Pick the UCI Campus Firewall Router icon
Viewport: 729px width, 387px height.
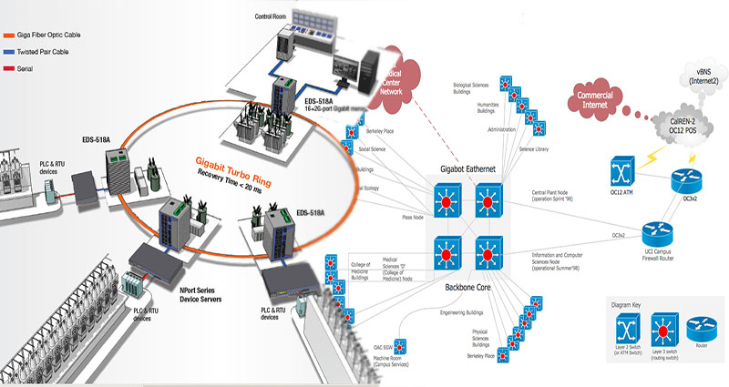[655, 231]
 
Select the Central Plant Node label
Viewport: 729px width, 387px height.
[560, 195]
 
